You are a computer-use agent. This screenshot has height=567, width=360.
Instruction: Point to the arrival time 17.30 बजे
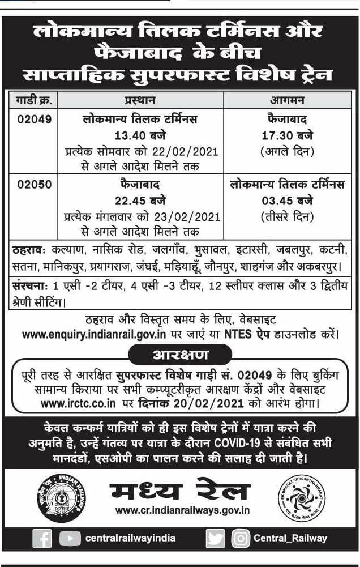pyautogui.click(x=288, y=136)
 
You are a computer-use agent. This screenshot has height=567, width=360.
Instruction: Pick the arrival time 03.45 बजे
pyautogui.click(x=288, y=200)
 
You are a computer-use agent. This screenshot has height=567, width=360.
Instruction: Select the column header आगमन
pyautogui.click(x=288, y=100)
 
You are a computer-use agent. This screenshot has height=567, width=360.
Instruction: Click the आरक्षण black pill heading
pyautogui.click(x=181, y=355)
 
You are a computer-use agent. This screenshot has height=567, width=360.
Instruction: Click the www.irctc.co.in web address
pyautogui.click(x=79, y=404)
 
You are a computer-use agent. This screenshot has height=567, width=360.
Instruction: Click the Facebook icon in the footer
pyautogui.click(x=42, y=538)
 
